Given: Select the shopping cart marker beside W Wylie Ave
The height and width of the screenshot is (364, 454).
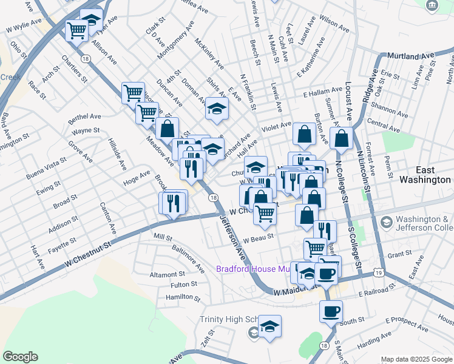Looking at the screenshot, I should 77,30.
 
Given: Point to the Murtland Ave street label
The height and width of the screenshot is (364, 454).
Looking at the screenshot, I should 410,55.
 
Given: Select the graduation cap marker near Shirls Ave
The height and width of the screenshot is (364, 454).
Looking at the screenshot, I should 215,109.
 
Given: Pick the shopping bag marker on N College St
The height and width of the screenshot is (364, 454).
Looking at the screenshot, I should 342,138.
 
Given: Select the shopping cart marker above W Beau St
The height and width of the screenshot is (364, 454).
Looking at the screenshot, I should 265,214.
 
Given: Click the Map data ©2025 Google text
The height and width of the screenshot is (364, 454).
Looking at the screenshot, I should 416,359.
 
